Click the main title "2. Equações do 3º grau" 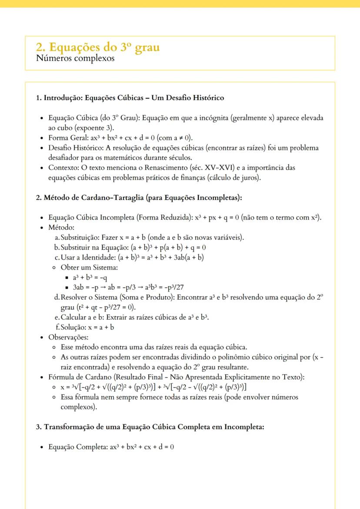[x=98, y=47]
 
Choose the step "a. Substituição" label [x=80, y=237]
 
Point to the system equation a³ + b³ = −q [x=90, y=277]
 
